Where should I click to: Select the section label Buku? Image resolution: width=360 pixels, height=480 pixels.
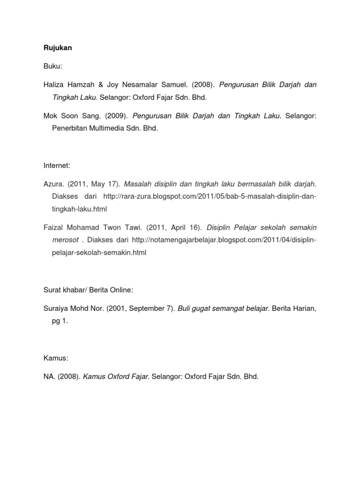pos(52,67)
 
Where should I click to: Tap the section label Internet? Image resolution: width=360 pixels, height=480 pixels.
pos(56,165)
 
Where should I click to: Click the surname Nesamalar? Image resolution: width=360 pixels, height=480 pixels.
pos(158,85)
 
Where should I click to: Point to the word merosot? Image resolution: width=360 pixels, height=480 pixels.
pos(65,240)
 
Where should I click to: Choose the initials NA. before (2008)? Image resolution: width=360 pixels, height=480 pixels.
pos(49,377)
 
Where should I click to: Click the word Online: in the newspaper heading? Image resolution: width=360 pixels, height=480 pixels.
pos(121,291)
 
